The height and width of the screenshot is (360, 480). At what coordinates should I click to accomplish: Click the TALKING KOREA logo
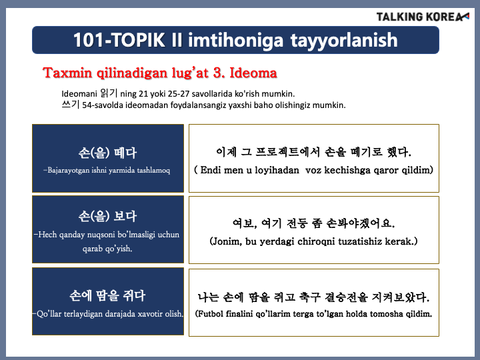click(423, 17)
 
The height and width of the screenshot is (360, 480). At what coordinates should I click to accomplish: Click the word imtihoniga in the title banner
click(235, 41)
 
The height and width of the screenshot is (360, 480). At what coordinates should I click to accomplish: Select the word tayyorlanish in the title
click(344, 41)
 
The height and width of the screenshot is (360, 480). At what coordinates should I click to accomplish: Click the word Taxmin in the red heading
click(67, 73)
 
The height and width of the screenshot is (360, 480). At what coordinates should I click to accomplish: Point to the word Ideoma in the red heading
click(253, 73)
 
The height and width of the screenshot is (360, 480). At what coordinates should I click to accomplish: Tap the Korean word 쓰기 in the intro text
click(71, 105)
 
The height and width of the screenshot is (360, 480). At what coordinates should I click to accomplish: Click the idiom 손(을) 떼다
click(107, 153)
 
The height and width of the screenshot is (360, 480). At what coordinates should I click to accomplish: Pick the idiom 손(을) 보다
click(107, 216)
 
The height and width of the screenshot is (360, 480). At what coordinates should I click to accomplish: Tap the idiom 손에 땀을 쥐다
click(107, 295)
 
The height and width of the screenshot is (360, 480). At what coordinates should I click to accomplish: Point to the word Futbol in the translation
click(211, 314)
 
